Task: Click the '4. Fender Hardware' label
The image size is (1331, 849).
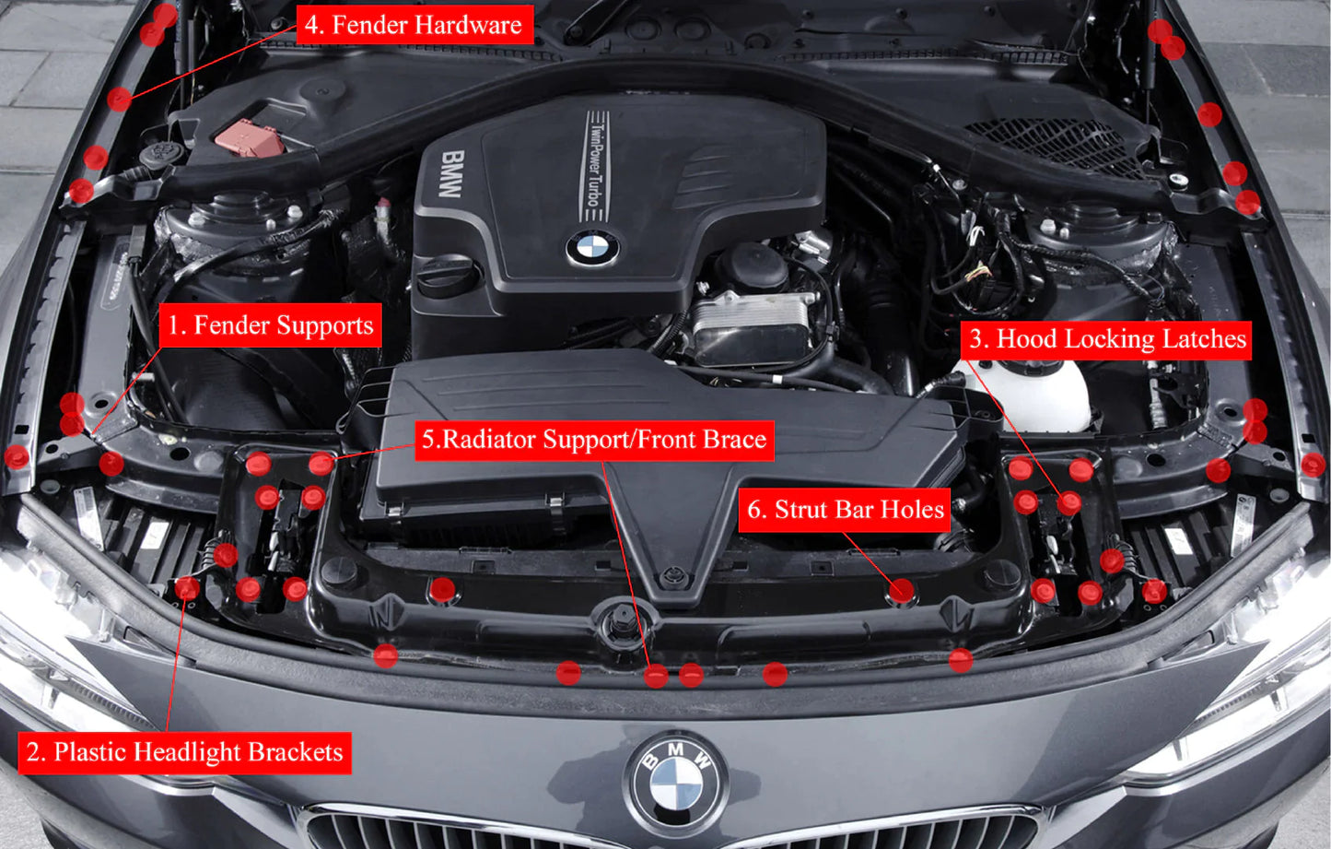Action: pyautogui.click(x=414, y=25)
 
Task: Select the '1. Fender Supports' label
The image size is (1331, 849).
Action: pyautogui.click(x=270, y=325)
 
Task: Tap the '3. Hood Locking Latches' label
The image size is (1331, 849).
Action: pyautogui.click(x=1106, y=339)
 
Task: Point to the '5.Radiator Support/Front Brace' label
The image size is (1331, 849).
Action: pyautogui.click(x=594, y=440)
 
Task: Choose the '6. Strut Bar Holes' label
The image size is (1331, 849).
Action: pyautogui.click(x=845, y=510)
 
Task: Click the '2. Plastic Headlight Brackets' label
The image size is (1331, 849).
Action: pyautogui.click(x=184, y=752)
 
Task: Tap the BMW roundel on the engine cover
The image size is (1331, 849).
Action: pyautogui.click(x=591, y=247)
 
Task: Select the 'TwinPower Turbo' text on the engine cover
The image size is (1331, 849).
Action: pyautogui.click(x=595, y=166)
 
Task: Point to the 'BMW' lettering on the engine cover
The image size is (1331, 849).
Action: pyautogui.click(x=450, y=174)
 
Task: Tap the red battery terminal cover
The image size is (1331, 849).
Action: pyautogui.click(x=249, y=137)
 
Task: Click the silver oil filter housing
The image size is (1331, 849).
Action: pyautogui.click(x=751, y=318)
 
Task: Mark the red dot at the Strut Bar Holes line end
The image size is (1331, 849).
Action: pyautogui.click(x=903, y=591)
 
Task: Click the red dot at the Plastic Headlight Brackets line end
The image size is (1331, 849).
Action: pyautogui.click(x=187, y=588)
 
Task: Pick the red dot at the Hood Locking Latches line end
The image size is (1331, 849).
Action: pyautogui.click(x=1068, y=503)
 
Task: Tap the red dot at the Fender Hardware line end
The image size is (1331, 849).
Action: pyautogui.click(x=119, y=99)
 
